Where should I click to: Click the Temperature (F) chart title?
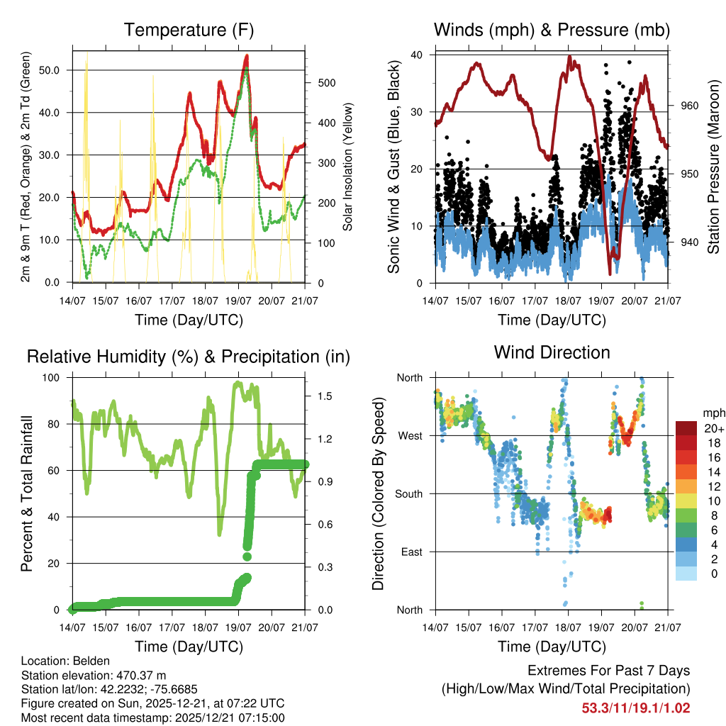pyautogui.click(x=189, y=30)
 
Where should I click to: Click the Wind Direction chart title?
pyautogui.click(x=552, y=352)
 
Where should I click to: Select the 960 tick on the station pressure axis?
pyautogui.click(x=691, y=106)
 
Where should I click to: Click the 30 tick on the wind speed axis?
pyautogui.click(x=418, y=112)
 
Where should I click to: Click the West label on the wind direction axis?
pyautogui.click(x=409, y=435)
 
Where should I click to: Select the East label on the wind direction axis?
pyautogui.click(x=411, y=552)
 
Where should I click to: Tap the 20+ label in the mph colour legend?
pyautogui.click(x=713, y=428)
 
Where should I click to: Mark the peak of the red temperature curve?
pyautogui.click(x=246, y=55)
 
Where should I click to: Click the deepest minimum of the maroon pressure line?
pyautogui.click(x=610, y=273)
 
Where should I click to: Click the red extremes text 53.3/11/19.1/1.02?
pyautogui.click(x=636, y=708)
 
